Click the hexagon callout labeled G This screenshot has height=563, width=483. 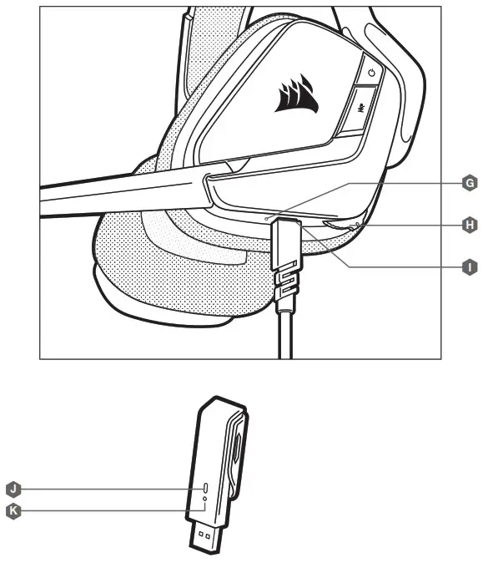[x=470, y=183]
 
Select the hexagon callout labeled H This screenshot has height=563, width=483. [x=470, y=226]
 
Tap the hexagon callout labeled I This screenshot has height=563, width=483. [x=470, y=267]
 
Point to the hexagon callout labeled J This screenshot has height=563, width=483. [x=13, y=489]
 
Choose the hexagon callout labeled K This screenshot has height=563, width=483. [x=13, y=511]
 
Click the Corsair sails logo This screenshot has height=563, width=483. [x=297, y=94]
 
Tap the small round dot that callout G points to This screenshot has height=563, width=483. [x=266, y=219]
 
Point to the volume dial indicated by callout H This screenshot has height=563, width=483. [x=340, y=225]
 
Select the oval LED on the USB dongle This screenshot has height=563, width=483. [x=205, y=488]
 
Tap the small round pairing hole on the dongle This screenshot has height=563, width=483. [x=204, y=499]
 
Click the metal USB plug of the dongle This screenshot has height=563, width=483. [x=205, y=537]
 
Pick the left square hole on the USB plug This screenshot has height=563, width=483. [x=200, y=535]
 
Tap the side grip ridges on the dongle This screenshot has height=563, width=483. [x=236, y=453]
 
